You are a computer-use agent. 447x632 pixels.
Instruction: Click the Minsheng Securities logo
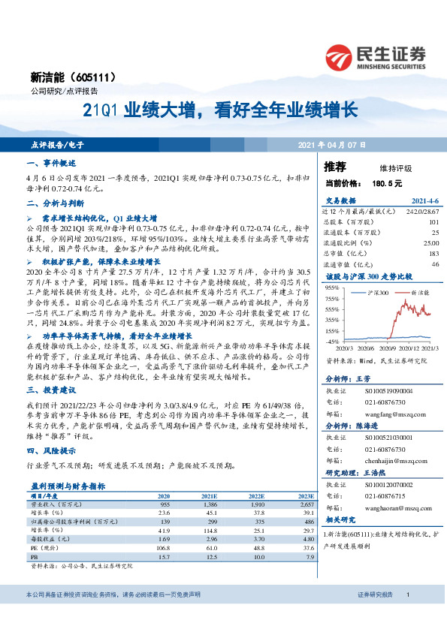point(375,56)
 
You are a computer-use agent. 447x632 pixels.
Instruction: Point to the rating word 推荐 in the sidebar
point(335,166)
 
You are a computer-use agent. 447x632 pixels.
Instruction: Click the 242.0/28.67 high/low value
point(422,212)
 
